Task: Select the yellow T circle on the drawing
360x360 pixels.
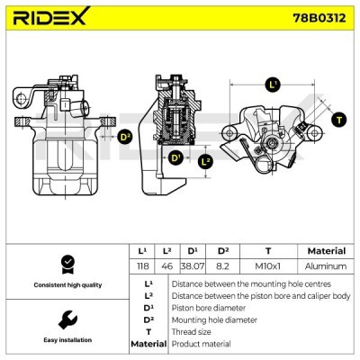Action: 338,119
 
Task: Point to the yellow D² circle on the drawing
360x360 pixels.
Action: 124,137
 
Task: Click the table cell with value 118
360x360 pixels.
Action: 141,266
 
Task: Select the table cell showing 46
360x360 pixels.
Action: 166,266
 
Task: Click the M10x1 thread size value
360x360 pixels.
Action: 267,266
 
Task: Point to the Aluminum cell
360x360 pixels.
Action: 326,266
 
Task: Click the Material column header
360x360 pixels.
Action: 326,251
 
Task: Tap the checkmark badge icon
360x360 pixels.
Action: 66,263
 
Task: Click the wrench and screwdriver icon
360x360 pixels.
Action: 66,319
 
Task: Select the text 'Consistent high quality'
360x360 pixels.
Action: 67,285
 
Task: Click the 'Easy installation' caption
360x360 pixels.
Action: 67,341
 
